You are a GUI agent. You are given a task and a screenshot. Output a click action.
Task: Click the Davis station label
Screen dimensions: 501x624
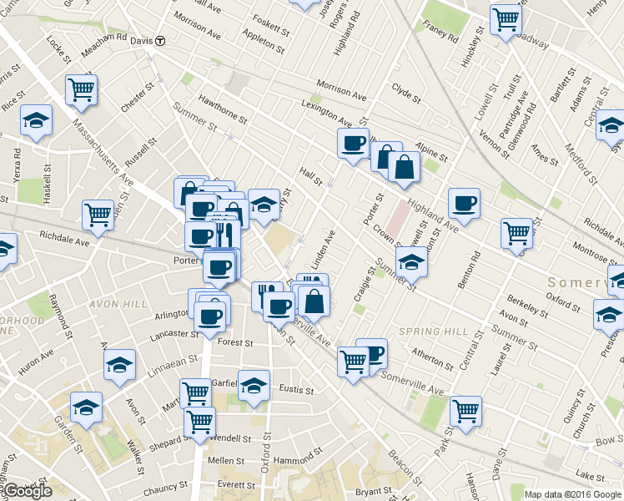(142, 40)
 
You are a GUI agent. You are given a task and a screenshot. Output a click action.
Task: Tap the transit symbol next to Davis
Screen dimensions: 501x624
(160, 40)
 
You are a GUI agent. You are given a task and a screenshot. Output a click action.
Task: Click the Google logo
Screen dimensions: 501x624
(27, 491)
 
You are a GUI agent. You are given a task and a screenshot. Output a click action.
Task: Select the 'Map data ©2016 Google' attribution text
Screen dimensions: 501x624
(572, 493)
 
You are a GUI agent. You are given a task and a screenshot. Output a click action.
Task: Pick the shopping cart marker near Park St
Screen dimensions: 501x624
(465, 409)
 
